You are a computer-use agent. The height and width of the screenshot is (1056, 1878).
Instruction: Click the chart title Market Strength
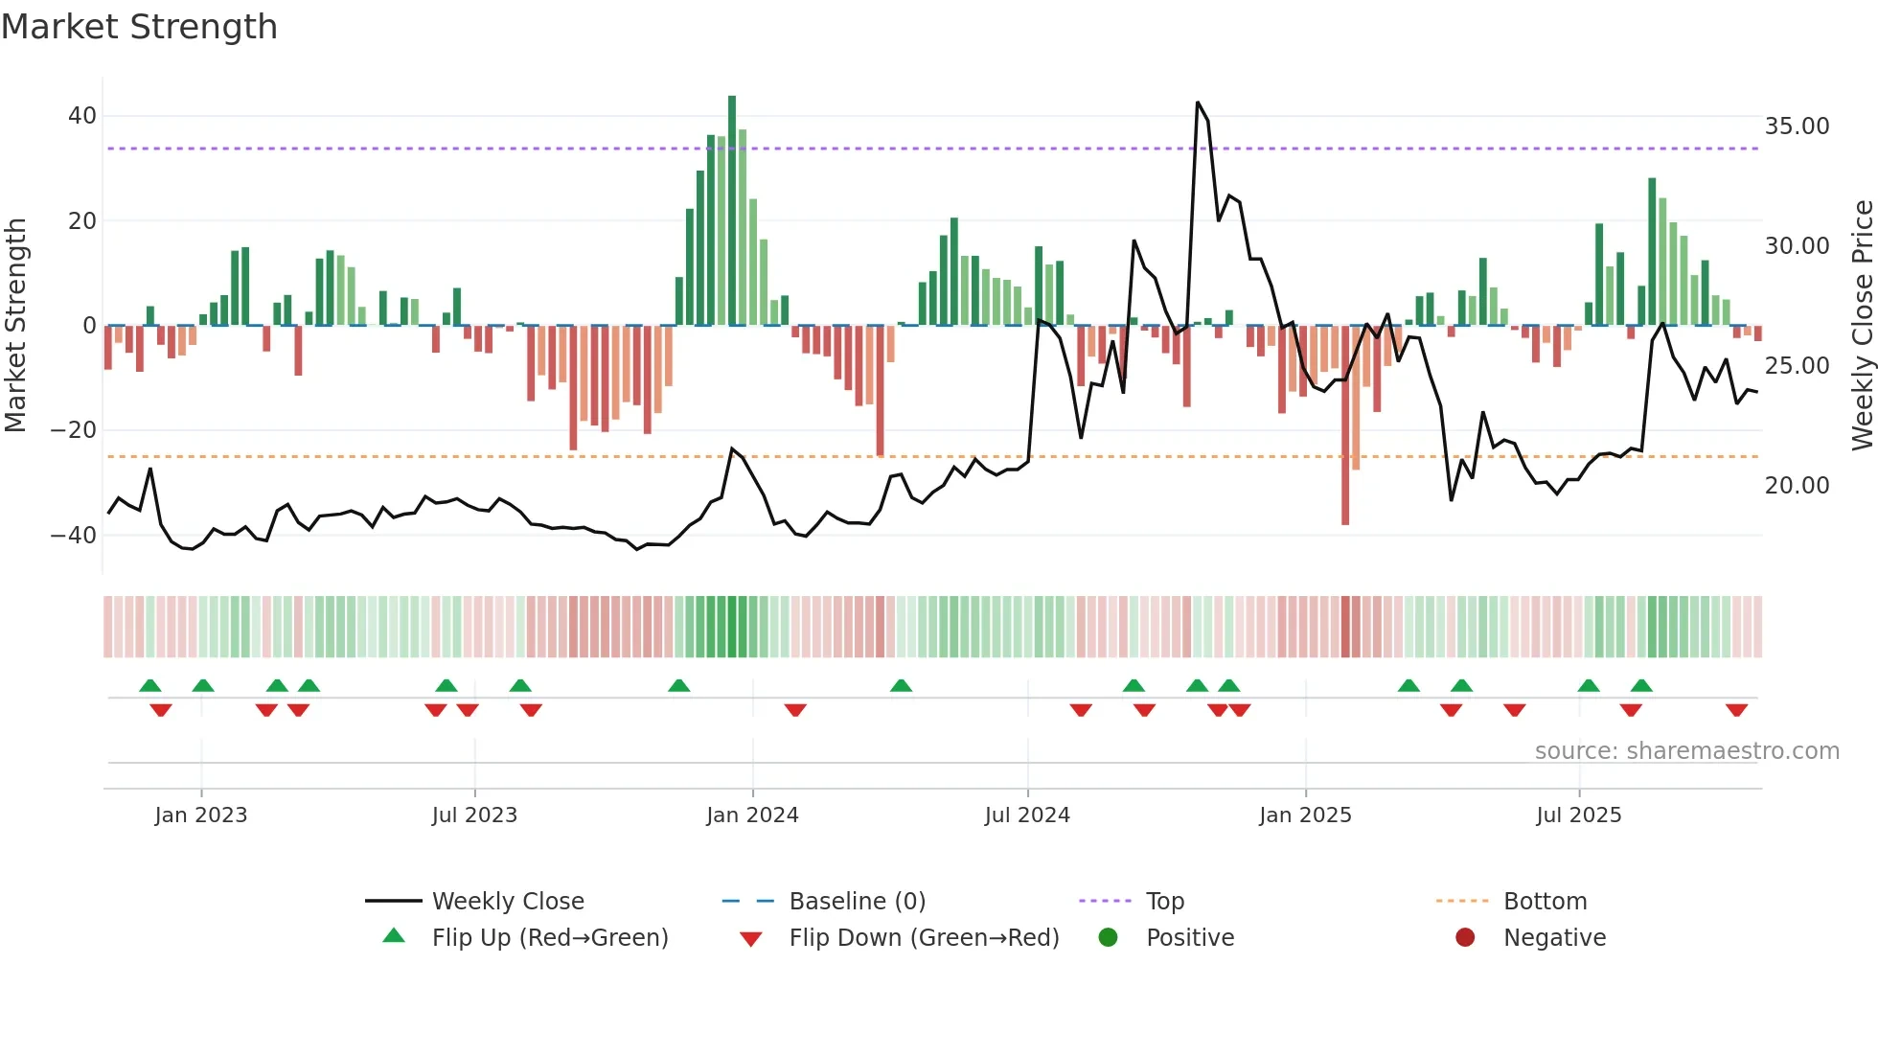coord(139,27)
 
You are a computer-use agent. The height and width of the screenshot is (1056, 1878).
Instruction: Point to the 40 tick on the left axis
coord(82,116)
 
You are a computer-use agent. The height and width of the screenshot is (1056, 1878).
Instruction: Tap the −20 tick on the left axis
coord(73,430)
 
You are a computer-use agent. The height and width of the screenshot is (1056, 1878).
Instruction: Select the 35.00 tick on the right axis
coord(1797,126)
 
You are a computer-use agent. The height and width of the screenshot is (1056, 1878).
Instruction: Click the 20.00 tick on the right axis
coord(1797,486)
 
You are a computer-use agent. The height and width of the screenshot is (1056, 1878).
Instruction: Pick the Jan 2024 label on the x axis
coord(752,815)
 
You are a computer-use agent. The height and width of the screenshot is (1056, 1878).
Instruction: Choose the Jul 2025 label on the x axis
coord(1578,815)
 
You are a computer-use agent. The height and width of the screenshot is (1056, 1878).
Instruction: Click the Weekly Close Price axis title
coord(1862,326)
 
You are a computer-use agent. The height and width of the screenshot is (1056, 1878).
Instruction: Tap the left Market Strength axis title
coord(15,326)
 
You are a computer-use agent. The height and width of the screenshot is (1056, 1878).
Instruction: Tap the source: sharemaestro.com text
coord(1686,751)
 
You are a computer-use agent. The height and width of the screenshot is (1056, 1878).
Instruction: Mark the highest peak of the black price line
coord(1198,103)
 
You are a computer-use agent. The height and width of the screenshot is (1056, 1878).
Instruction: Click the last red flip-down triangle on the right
coord(1736,710)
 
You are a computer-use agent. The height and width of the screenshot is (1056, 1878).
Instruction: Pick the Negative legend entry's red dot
coord(1465,938)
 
